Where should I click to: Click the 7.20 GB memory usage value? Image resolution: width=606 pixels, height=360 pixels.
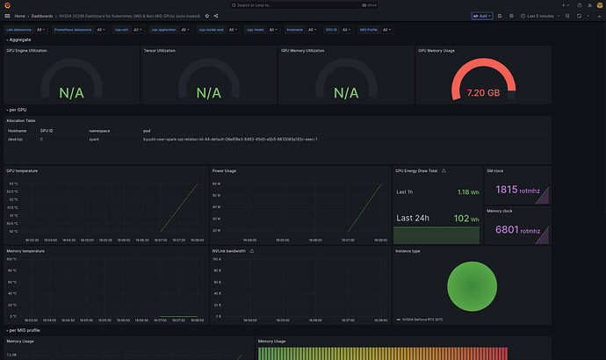[483, 92]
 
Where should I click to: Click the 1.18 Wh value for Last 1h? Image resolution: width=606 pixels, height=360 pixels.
[463, 191]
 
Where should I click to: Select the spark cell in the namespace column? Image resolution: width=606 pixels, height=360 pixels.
[95, 139]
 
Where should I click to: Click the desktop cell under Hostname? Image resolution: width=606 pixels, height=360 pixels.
[15, 139]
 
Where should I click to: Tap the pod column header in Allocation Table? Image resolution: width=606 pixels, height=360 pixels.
[148, 130]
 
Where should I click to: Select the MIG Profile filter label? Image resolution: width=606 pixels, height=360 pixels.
[370, 30]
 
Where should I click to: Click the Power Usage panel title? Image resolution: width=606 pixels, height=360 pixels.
[223, 169]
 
